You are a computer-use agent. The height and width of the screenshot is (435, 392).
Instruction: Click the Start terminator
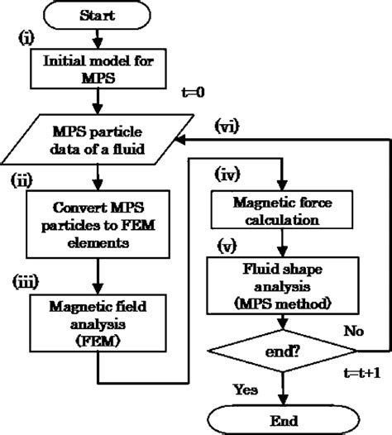pyautogui.click(x=98, y=15)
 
